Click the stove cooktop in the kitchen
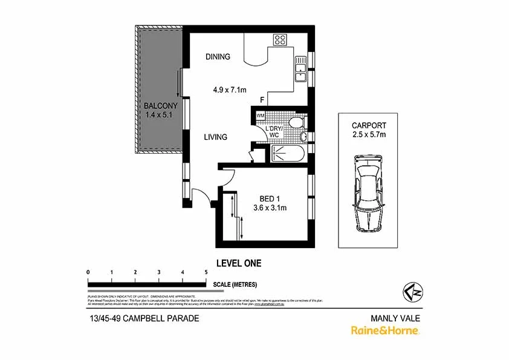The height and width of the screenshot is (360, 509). [280, 40]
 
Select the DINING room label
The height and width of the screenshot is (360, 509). [218, 57]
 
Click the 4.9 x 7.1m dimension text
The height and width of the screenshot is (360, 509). [230, 90]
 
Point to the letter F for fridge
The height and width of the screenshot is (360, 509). [262, 100]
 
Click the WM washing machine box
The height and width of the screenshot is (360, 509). [261, 115]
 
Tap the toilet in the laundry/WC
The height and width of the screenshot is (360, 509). [296, 123]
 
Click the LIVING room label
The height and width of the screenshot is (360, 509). [215, 137]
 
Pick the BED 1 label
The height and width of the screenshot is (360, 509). [270, 198]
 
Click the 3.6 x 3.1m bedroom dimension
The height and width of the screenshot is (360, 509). [270, 208]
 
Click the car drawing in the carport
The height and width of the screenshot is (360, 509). [368, 192]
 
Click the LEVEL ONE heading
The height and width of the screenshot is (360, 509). [239, 263]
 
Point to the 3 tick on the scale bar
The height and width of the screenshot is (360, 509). [159, 272]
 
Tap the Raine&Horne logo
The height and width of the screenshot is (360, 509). [385, 330]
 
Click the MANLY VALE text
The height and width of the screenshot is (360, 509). [395, 318]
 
